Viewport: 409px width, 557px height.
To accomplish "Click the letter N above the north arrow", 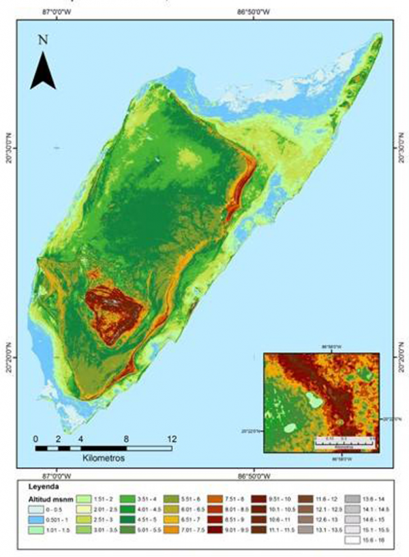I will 42,40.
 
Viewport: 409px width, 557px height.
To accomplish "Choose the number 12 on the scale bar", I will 171,438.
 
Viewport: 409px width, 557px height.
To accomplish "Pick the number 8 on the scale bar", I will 126,438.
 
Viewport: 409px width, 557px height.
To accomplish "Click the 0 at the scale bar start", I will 35,438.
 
